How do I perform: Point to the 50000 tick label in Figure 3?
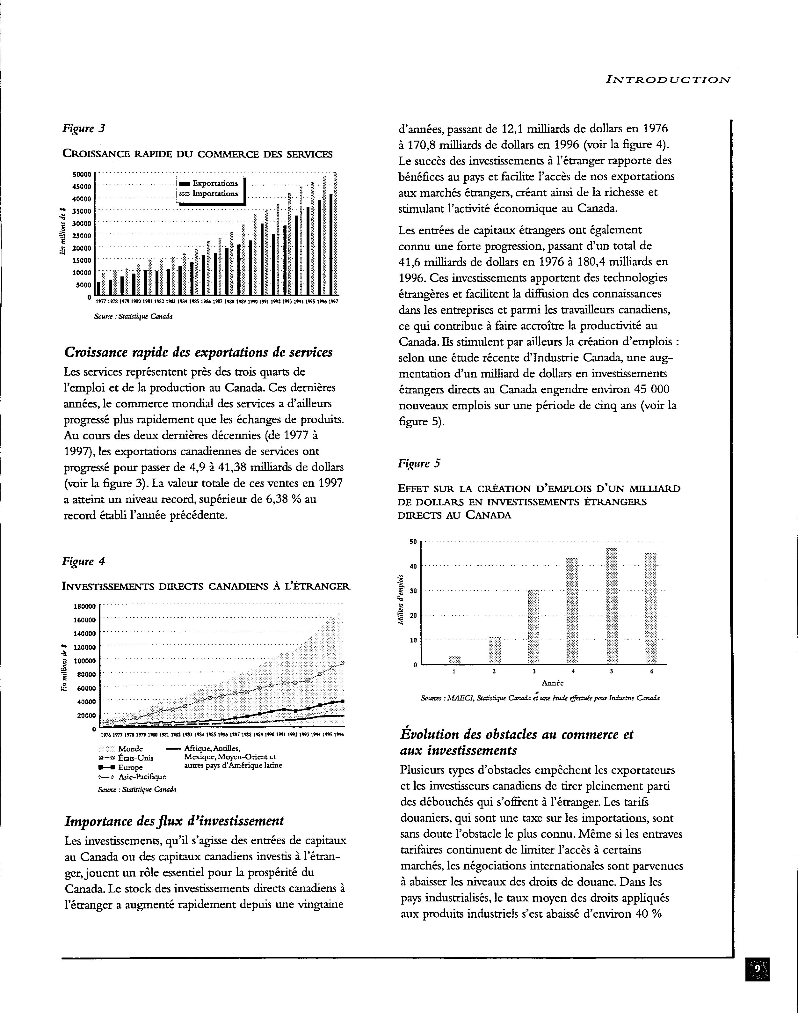pyautogui.click(x=82, y=174)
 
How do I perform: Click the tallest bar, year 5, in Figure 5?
pyautogui.click(x=612, y=606)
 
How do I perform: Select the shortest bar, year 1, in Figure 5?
pyautogui.click(x=454, y=660)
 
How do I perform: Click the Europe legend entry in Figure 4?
pyautogui.click(x=130, y=767)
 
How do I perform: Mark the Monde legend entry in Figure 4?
pyautogui.click(x=130, y=749)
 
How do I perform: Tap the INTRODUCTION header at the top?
pyautogui.click(x=668, y=80)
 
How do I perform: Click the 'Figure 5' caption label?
pyautogui.click(x=419, y=464)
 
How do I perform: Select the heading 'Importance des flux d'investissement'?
pyautogui.click(x=174, y=821)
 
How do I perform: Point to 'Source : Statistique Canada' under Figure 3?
pyautogui.click(x=133, y=317)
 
